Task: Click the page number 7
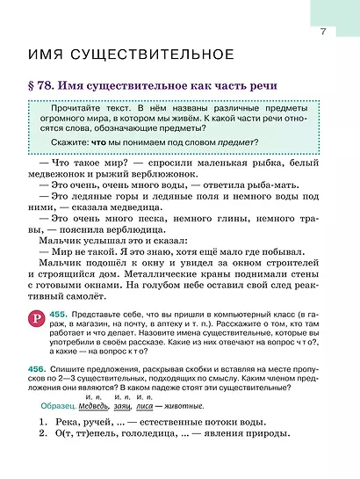point(323,33)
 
